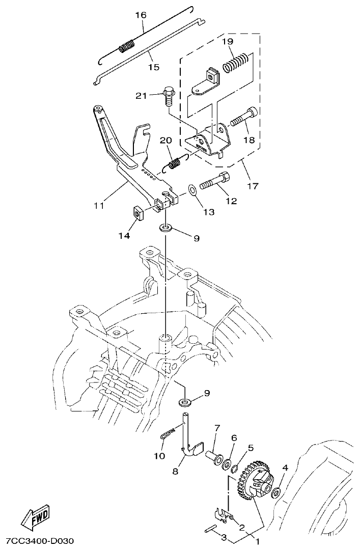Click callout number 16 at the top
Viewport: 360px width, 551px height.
(141, 15)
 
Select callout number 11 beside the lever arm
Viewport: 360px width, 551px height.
(99, 205)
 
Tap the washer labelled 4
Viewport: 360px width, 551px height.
(277, 492)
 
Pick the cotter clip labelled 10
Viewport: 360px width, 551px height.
(169, 434)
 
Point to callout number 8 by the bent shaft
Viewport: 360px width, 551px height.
(175, 472)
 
